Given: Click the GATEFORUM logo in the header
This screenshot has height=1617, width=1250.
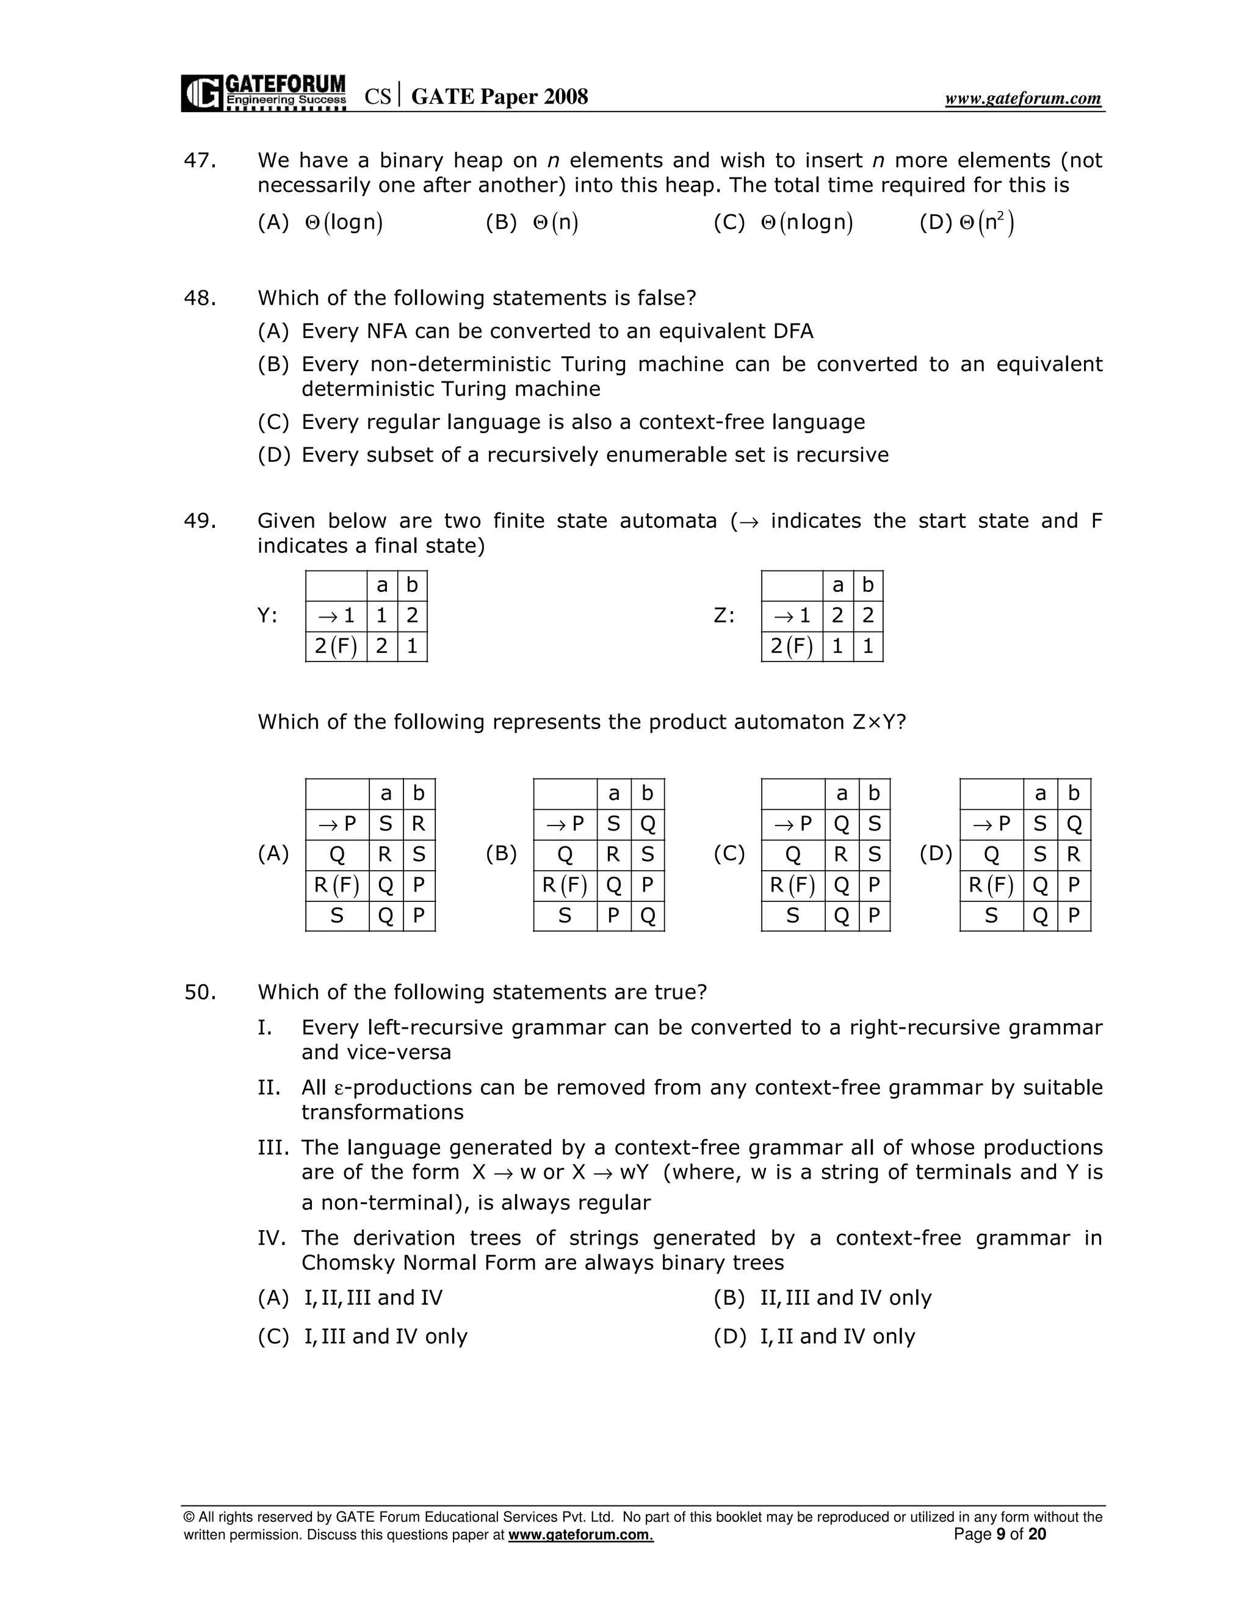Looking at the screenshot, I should tap(264, 93).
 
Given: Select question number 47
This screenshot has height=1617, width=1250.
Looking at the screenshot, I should tap(200, 160).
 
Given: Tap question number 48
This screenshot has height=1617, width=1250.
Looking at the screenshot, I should tap(200, 298).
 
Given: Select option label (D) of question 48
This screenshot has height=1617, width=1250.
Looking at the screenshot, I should tap(273, 455).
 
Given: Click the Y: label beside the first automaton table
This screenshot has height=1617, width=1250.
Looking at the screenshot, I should tap(267, 615).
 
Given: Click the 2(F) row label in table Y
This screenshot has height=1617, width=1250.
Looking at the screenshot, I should tap(336, 646).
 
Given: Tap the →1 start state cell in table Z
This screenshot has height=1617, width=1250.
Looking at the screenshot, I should tap(792, 615).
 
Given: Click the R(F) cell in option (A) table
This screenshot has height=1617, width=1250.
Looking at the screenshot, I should tap(337, 885).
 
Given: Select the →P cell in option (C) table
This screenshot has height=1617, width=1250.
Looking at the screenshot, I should tap(792, 824).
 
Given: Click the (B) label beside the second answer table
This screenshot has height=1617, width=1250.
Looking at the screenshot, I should tap(500, 854).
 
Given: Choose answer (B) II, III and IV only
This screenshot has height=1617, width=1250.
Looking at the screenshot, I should tap(845, 1298).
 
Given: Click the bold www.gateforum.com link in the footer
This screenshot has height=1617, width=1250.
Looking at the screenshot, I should tap(580, 1535).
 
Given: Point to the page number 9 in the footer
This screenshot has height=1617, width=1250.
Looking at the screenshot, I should tap(1000, 1534).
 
